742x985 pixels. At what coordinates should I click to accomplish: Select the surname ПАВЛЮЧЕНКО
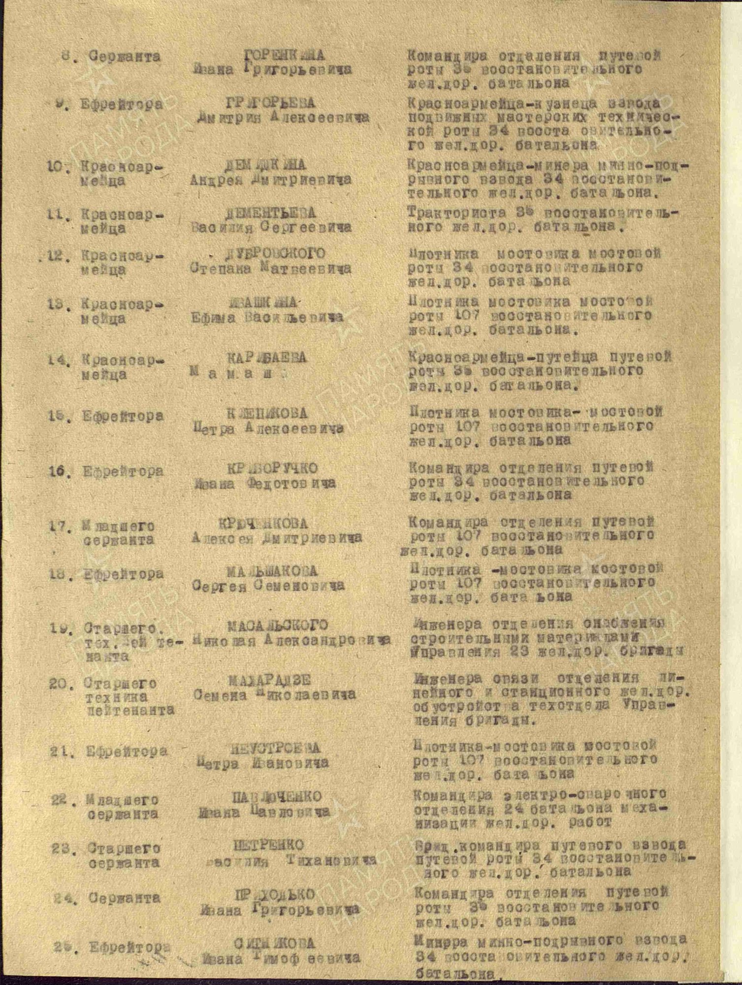[277, 796]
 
